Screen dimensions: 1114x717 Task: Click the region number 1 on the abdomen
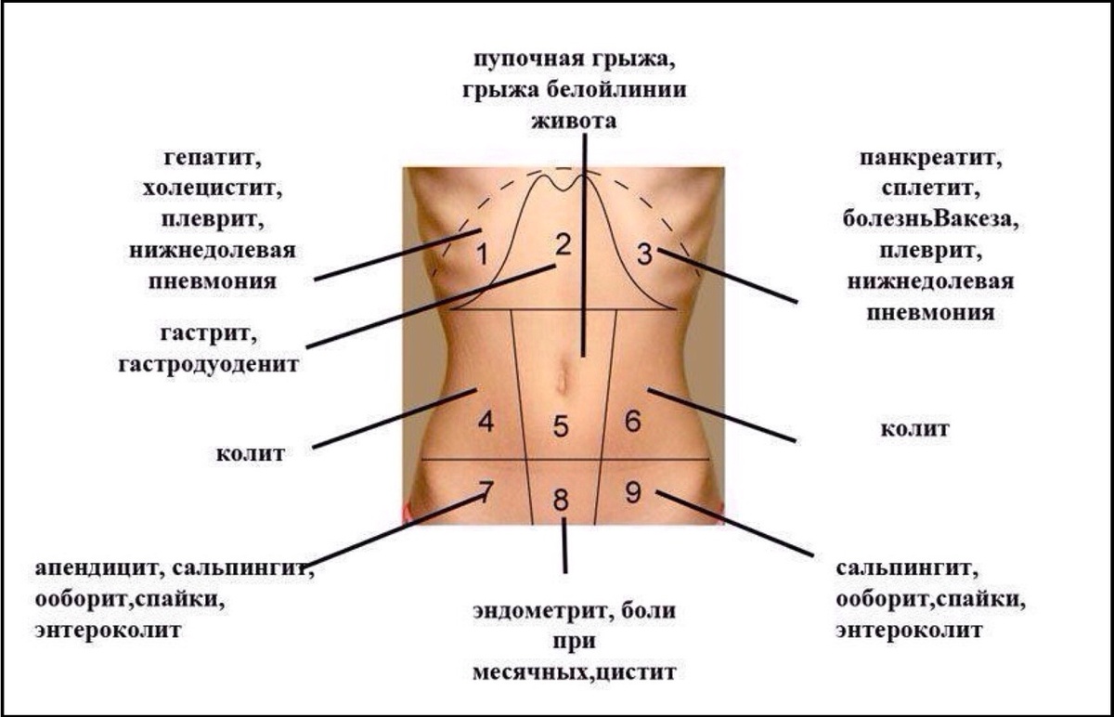point(481,254)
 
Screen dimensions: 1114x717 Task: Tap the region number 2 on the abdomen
point(563,245)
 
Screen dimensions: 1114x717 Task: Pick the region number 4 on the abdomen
point(486,423)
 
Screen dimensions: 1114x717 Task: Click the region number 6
point(633,422)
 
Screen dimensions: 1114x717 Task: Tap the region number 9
point(633,492)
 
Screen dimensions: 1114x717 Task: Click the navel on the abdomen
point(563,380)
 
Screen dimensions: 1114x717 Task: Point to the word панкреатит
point(931,157)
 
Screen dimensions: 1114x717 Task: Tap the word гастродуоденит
point(209,363)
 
